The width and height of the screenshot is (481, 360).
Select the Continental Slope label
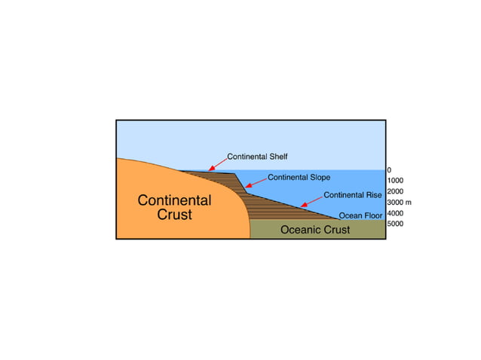coord(299,178)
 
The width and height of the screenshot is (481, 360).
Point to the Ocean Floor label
coord(361,215)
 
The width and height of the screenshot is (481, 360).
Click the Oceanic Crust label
coord(315,230)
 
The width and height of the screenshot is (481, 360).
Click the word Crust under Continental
coord(174,215)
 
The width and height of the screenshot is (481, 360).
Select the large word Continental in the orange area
coord(174,200)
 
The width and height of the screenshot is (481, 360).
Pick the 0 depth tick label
coord(389,170)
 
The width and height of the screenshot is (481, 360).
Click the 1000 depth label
coord(395,181)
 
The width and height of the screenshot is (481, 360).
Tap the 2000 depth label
coord(395,191)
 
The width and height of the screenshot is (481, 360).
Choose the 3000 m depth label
coord(398,202)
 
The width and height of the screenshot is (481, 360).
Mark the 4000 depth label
coord(395,213)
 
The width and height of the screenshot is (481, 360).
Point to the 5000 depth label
coord(395,224)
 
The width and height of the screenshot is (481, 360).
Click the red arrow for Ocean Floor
coord(330,216)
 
